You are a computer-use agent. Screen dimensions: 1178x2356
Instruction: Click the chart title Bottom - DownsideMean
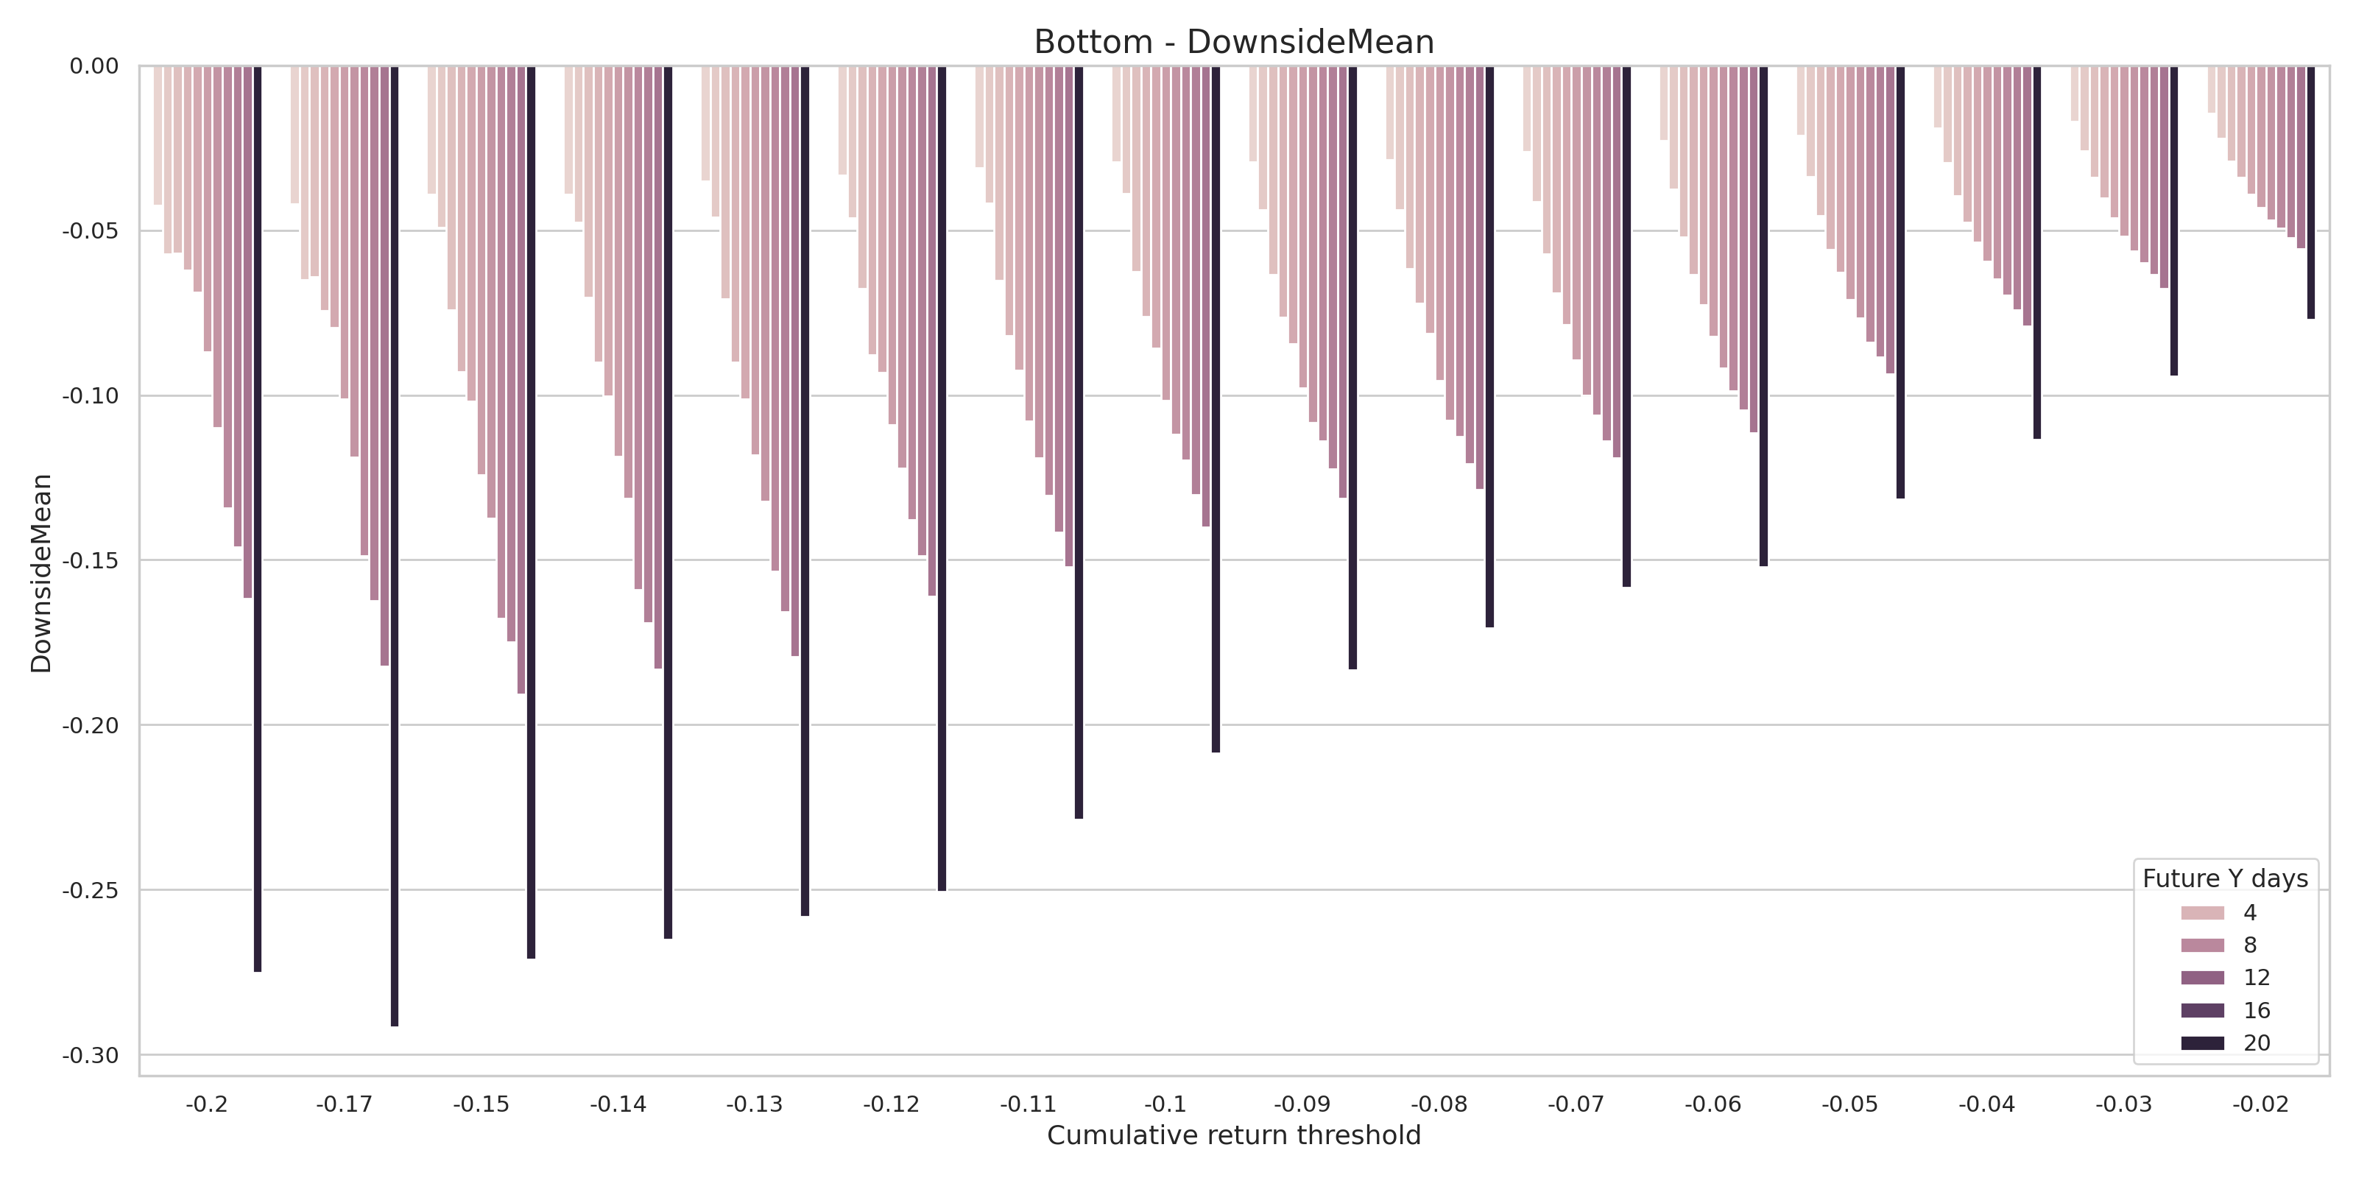pyautogui.click(x=1233, y=42)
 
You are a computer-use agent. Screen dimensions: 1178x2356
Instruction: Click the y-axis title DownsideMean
pyautogui.click(x=41, y=574)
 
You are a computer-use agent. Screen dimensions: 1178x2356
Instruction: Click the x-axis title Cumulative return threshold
pyautogui.click(x=1233, y=1135)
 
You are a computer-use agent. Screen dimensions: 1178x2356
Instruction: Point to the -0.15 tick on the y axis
pyautogui.click(x=90, y=560)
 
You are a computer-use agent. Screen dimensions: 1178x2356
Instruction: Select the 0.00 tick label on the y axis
pyautogui.click(x=94, y=66)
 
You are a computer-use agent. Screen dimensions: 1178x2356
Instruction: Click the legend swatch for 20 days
pyautogui.click(x=2202, y=1043)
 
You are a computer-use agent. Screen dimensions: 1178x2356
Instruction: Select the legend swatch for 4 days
pyautogui.click(x=2202, y=913)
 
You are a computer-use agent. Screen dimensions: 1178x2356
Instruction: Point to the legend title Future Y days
pyautogui.click(x=2224, y=879)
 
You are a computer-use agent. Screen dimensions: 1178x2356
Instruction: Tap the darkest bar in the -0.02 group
pyautogui.click(x=2310, y=192)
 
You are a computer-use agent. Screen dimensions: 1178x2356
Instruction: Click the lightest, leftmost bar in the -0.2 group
pyautogui.click(x=158, y=135)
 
